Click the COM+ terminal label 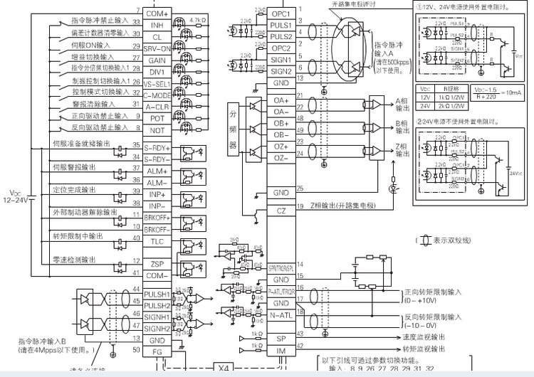[x=156, y=14]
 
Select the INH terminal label [x=156, y=24]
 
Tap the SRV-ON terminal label [x=156, y=48]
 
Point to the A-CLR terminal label [x=156, y=106]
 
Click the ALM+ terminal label [x=156, y=171]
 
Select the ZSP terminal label [x=156, y=263]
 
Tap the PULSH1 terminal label [x=157, y=294]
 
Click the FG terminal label [x=156, y=351]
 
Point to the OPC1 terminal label [x=281, y=14]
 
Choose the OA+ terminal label [x=281, y=100]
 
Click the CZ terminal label [x=281, y=211]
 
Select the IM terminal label [x=281, y=351]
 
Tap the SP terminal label [x=281, y=339]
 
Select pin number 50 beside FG [x=135, y=351]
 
